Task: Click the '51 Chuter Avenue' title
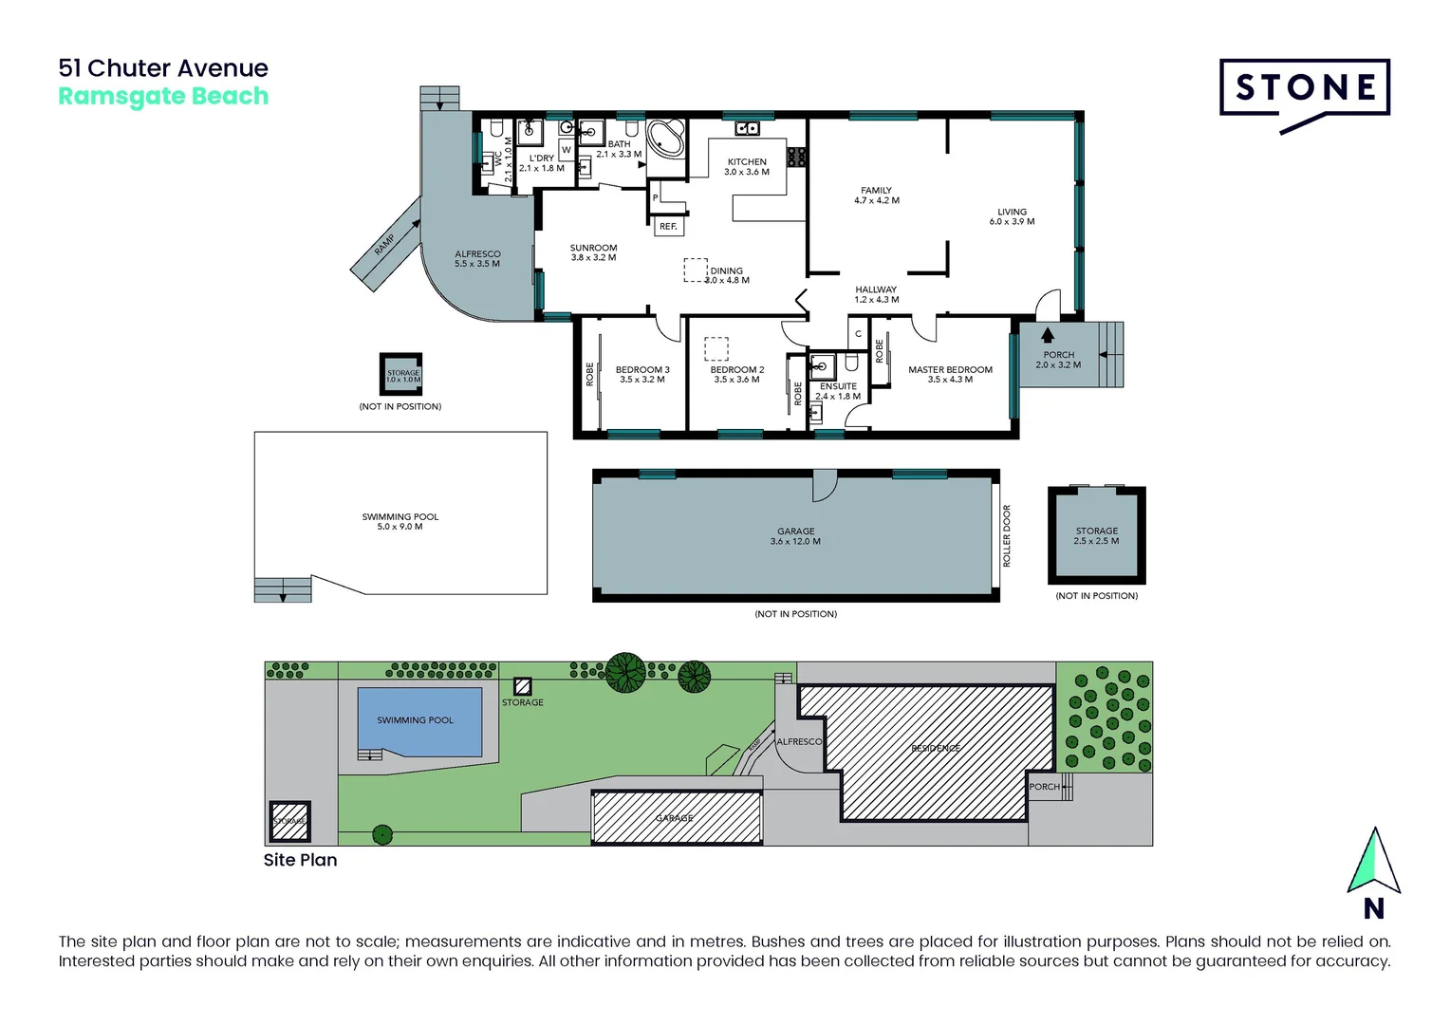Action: [x=163, y=68]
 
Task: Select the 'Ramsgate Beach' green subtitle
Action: [x=163, y=97]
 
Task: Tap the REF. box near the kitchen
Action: [x=668, y=227]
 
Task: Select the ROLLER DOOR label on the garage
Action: [x=1007, y=536]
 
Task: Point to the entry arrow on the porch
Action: [x=1048, y=335]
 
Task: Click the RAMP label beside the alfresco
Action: [x=384, y=245]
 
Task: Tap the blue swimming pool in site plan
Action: [x=418, y=721]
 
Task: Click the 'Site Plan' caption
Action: [x=300, y=860]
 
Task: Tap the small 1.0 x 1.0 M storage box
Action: [x=402, y=375]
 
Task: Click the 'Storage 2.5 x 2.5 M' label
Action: [x=1096, y=535]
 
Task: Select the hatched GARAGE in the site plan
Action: [x=676, y=817]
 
